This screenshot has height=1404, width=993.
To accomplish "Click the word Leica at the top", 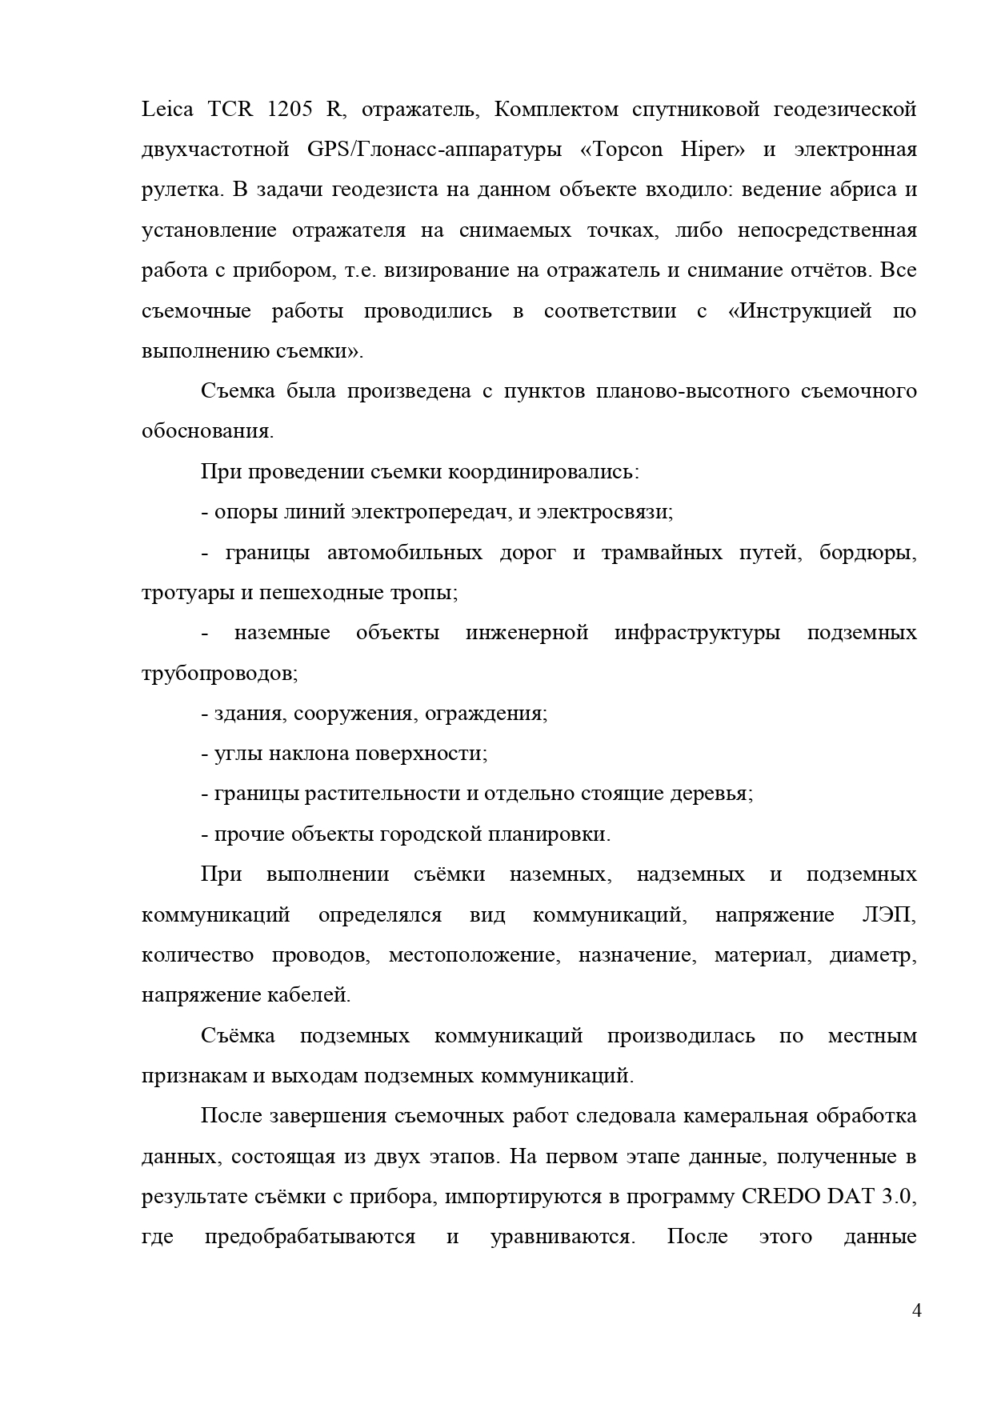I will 167,110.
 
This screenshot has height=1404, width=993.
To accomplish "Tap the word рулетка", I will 181,190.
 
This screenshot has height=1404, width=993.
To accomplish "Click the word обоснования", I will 207,431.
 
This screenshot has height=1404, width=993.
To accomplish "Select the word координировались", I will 543,471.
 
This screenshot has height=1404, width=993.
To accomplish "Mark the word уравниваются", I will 563,1237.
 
